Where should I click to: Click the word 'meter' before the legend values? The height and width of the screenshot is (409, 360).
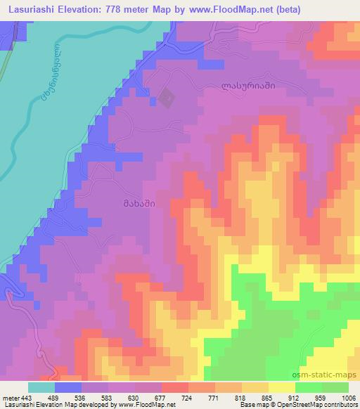pos(11,396)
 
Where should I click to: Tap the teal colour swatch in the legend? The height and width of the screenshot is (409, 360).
pos(41,387)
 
